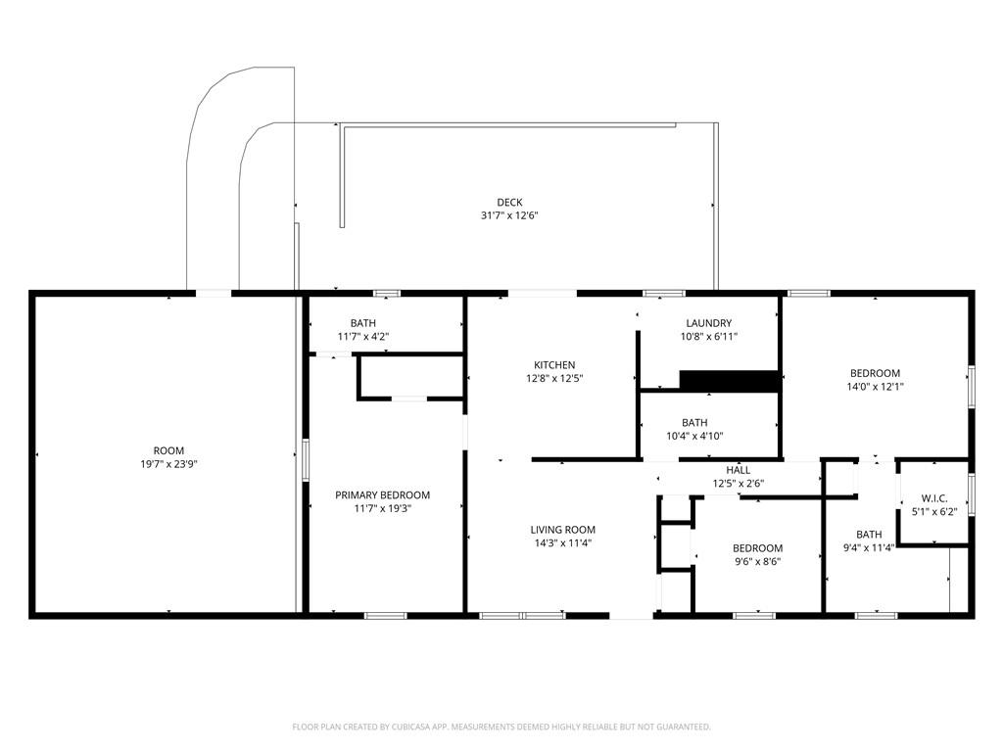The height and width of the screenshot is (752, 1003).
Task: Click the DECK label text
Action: [x=508, y=203]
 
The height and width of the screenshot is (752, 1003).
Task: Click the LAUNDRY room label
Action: [x=708, y=323]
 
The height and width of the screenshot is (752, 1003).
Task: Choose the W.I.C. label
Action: [x=934, y=498]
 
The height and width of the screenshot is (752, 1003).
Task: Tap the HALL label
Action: [x=738, y=470]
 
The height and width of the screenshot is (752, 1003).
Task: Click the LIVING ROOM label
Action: [x=562, y=530]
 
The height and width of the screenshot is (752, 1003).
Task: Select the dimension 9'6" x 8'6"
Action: [x=757, y=561]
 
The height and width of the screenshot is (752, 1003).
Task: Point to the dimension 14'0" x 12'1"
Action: [x=875, y=386]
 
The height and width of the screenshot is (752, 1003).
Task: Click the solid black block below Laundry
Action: [x=729, y=381]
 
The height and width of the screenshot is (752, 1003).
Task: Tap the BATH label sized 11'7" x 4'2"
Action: [x=362, y=323]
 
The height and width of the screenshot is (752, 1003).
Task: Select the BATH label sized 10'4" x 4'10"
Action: [x=694, y=423]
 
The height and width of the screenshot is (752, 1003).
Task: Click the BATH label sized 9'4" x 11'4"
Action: [x=869, y=534]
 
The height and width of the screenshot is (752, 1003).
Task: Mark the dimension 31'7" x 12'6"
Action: [x=508, y=215]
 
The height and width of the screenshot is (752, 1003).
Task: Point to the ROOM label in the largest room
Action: [x=168, y=451]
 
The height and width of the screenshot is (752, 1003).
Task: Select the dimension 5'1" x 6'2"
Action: [x=934, y=511]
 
